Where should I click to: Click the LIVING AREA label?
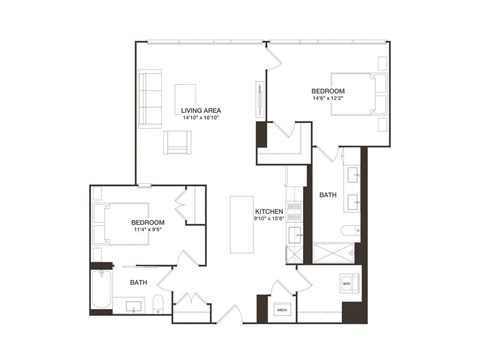(x=200, y=109)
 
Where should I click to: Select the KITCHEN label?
(x=268, y=212)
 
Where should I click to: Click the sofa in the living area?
(x=150, y=98)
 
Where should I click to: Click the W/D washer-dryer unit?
(x=347, y=284)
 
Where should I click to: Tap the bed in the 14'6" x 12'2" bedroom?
(x=363, y=97)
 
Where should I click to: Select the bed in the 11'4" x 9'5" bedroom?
(x=112, y=224)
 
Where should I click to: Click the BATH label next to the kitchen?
(x=327, y=196)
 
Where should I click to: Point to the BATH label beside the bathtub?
(x=138, y=283)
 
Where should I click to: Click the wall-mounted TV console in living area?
(x=262, y=101)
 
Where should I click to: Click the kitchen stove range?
(x=294, y=236)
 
